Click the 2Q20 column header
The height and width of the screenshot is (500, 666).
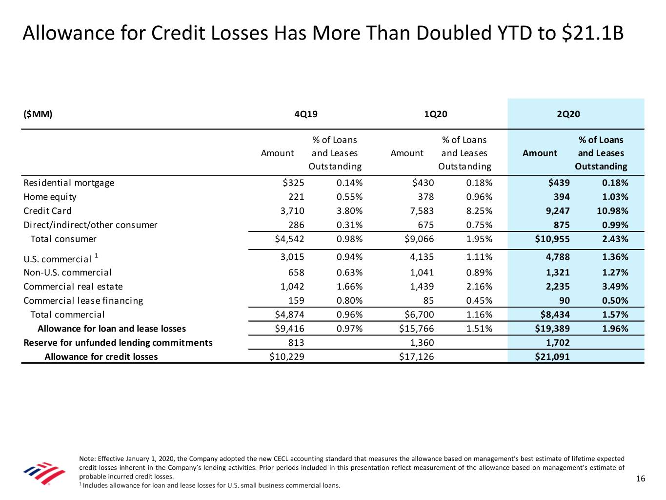tap(568, 114)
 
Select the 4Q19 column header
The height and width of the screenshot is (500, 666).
tap(306, 114)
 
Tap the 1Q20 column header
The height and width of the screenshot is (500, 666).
tap(436, 114)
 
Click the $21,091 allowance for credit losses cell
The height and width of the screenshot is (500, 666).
tap(552, 356)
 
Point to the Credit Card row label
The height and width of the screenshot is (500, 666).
tap(47, 211)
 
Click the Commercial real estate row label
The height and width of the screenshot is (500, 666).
tap(73, 287)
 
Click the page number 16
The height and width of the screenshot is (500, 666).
tap(641, 479)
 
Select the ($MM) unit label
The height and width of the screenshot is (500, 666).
tap(38, 114)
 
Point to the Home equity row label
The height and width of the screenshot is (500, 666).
tap(50, 197)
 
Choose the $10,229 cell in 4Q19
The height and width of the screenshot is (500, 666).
tap(287, 356)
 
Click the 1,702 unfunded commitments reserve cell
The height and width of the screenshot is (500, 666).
tap(557, 342)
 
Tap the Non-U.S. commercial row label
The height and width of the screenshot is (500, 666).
tap(67, 272)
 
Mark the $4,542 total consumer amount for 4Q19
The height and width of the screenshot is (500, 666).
tap(289, 239)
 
